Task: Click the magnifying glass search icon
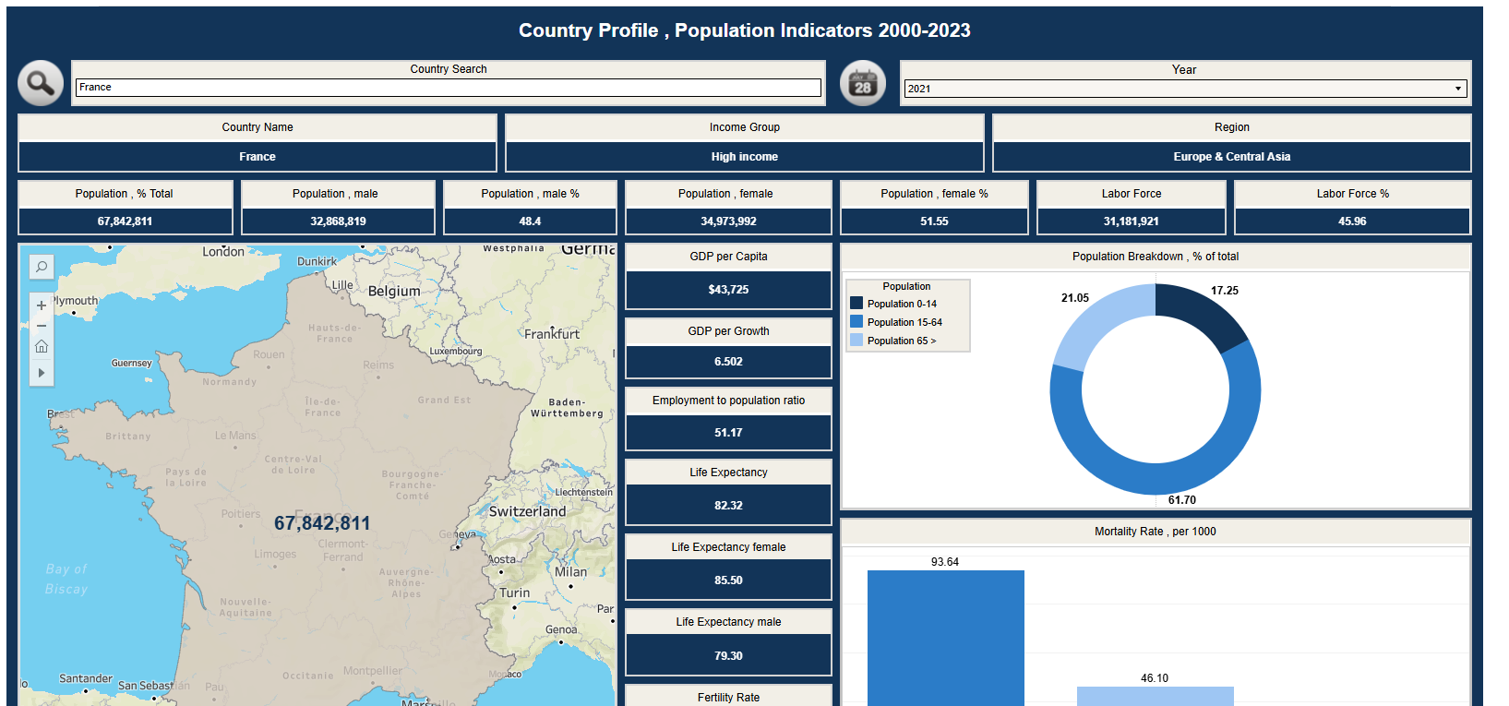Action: coord(41,83)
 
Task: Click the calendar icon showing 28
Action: coord(862,83)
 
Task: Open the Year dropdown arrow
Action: coord(1458,89)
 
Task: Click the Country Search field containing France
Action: coord(448,88)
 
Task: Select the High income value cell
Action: coord(744,157)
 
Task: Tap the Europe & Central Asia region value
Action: coord(1231,157)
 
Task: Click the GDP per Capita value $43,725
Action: coord(728,290)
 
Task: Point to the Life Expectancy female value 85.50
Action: coord(728,580)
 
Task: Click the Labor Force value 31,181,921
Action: coord(1131,221)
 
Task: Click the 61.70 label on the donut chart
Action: coord(1181,500)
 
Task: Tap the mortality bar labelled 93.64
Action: coord(945,637)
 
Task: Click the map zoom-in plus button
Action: coord(42,305)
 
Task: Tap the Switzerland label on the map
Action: coord(527,511)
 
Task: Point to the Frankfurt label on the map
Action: coord(552,334)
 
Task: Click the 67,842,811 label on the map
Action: coord(322,523)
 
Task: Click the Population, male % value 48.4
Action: coord(530,221)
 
